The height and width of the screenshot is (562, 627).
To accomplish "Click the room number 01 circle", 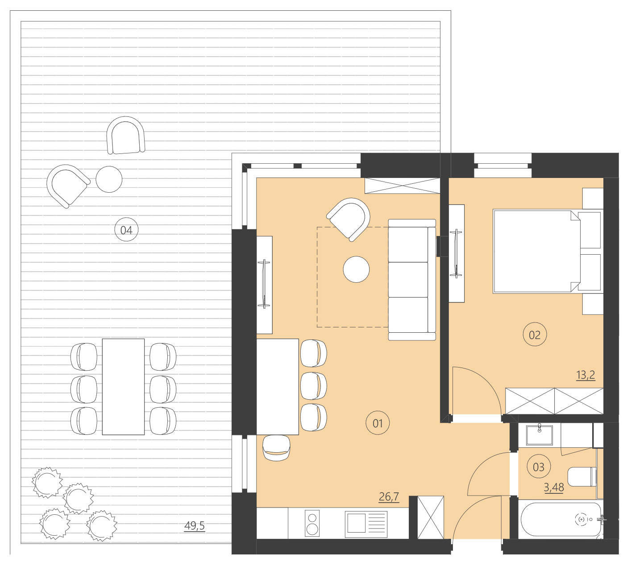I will (378, 423).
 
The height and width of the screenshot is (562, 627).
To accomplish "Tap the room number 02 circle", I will (534, 335).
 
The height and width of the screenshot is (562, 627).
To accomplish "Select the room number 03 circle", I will (539, 467).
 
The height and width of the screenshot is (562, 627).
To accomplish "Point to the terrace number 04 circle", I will (126, 230).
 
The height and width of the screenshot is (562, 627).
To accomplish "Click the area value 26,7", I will (389, 496).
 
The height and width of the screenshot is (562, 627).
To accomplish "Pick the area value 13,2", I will (585, 375).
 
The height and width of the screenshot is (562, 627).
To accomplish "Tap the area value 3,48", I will (553, 488).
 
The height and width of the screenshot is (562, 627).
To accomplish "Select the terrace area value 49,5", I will (195, 526).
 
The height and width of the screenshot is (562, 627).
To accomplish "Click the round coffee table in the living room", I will (356, 269).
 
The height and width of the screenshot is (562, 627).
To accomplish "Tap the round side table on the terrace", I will (109, 179).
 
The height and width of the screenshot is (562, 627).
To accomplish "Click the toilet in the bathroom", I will (582, 476).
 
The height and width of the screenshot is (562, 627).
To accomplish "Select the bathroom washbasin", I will (540, 435).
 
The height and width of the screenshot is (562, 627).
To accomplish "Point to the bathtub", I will (561, 519).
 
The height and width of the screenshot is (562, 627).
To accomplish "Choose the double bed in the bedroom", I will (536, 252).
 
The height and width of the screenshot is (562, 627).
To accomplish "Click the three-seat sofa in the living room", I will (411, 280).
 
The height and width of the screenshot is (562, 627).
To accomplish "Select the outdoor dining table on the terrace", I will (123, 387).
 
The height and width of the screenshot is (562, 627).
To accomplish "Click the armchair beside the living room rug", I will (350, 219).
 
